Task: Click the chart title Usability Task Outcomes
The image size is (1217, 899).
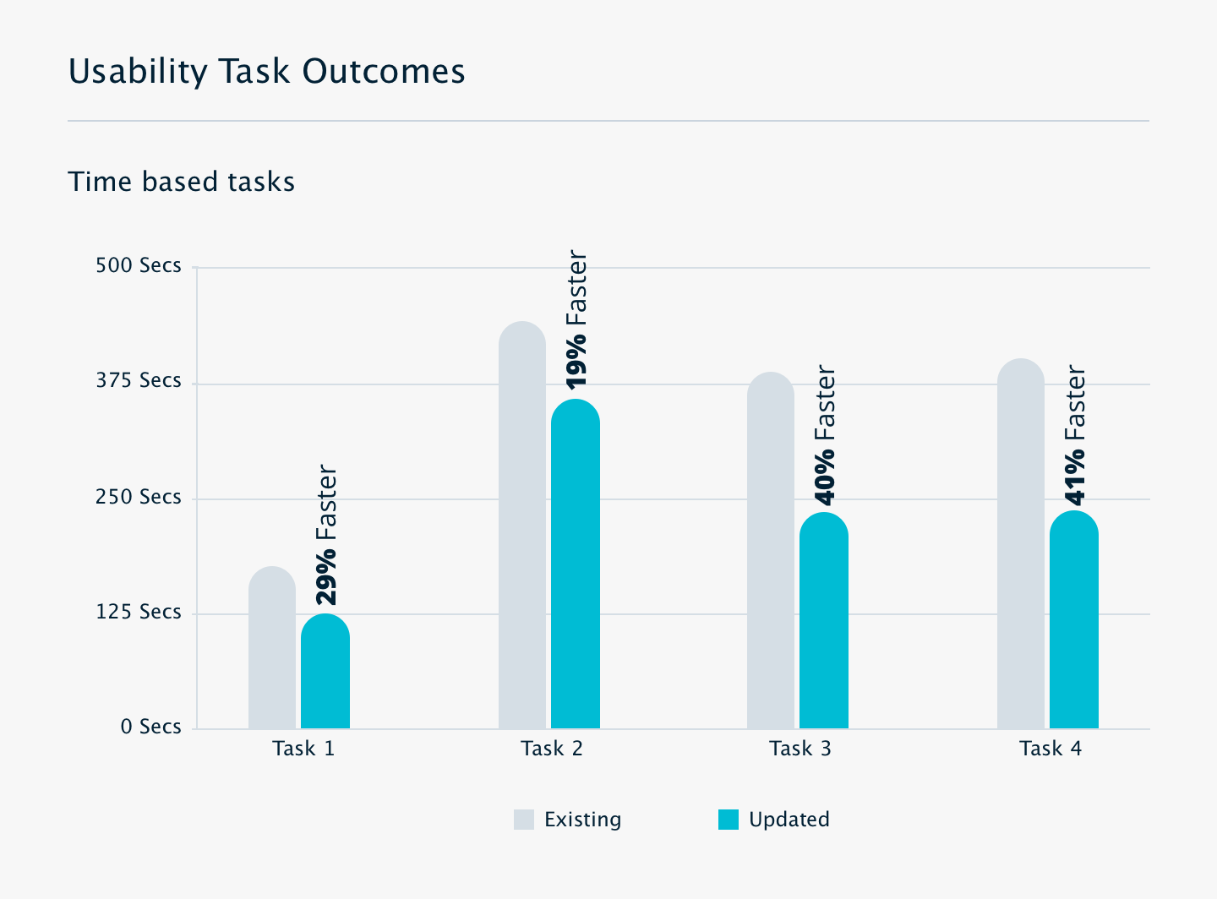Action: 266,72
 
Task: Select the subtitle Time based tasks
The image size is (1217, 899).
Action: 182,182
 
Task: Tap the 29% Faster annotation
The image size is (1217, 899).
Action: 326,535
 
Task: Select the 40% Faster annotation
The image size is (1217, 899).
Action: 825,435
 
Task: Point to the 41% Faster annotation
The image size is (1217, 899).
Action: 1075,434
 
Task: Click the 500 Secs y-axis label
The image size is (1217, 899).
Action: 139,265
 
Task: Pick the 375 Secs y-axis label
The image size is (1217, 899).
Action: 139,380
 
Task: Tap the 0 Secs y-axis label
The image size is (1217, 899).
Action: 150,727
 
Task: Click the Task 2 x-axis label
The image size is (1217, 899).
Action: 552,749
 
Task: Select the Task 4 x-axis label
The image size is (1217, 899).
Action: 1051,749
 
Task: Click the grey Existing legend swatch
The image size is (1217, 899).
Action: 524,820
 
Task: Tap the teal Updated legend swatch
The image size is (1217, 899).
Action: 729,820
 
